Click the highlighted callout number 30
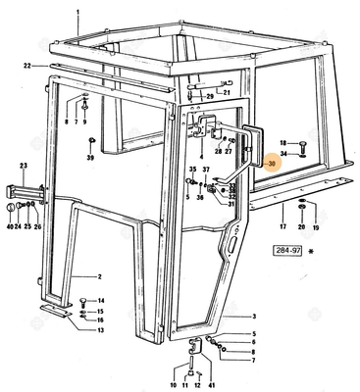point(272,163)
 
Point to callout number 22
point(28,65)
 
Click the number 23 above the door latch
point(24,166)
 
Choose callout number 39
point(90,157)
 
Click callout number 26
point(38,226)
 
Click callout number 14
point(101,299)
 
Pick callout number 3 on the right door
point(253,317)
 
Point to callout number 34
point(284,154)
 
